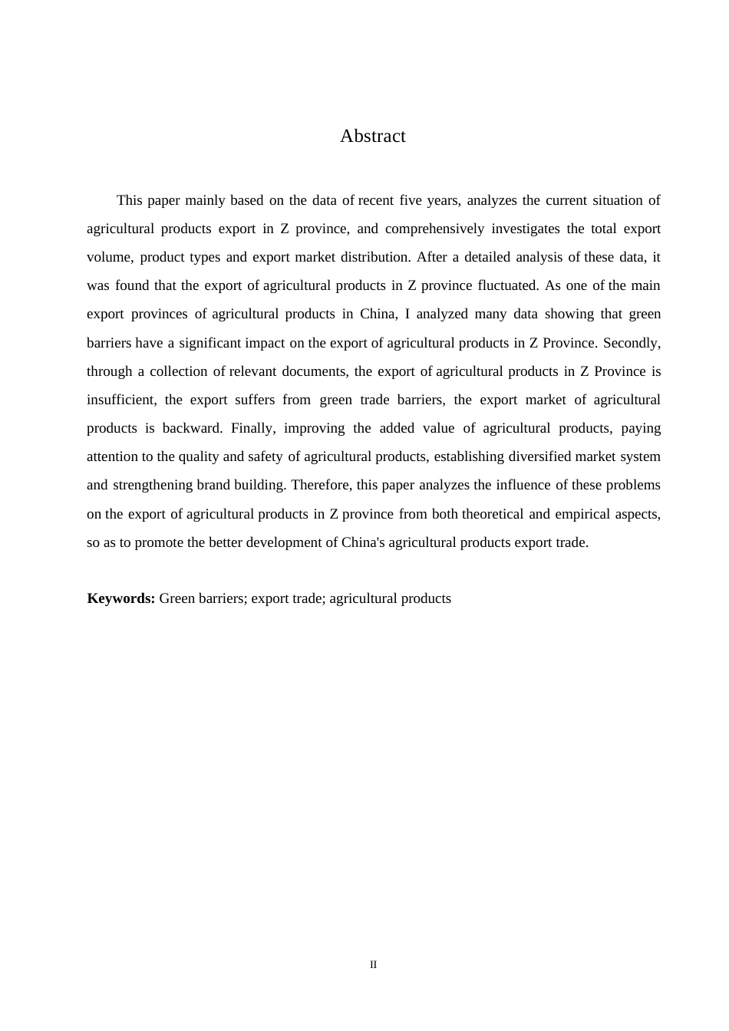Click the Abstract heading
pos(373,137)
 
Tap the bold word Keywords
pos(121,598)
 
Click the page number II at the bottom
pos(374,965)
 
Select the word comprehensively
pos(434,229)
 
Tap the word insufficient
pos(120,400)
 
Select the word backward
pos(192,428)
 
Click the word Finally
pos(252,428)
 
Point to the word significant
pos(209,343)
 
